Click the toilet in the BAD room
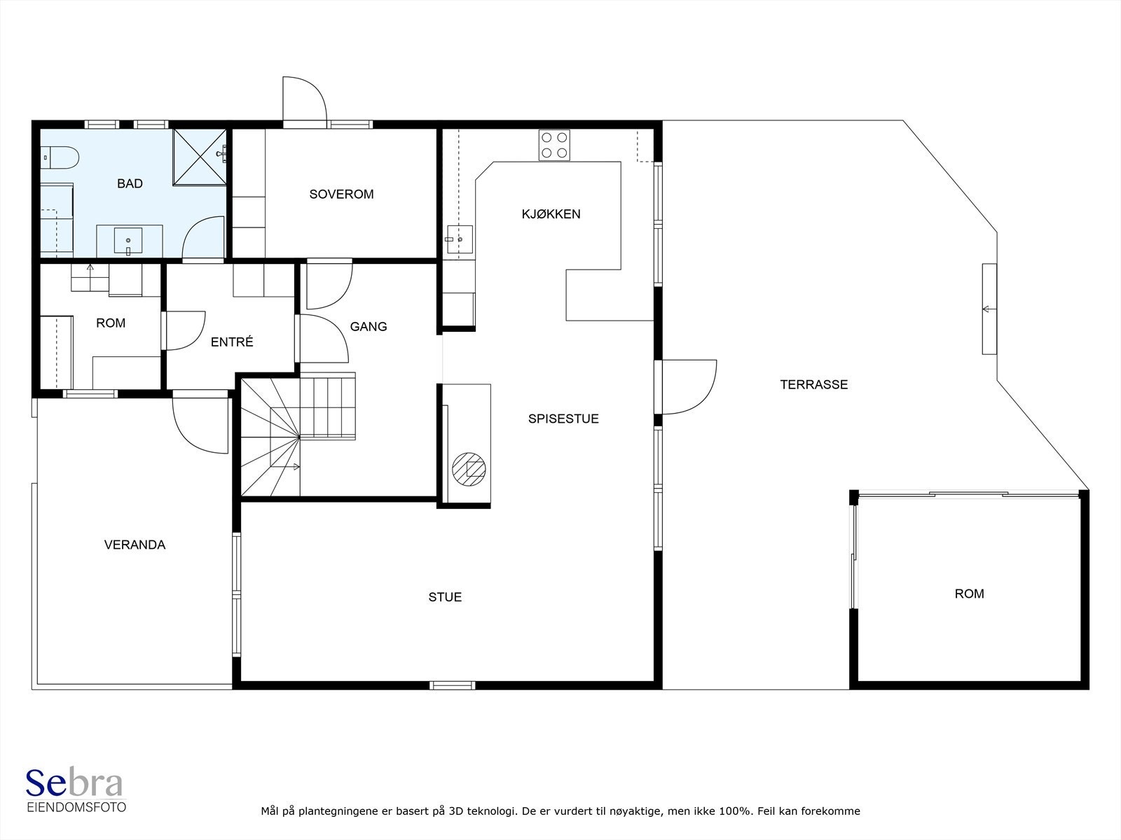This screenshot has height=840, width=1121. (60, 157)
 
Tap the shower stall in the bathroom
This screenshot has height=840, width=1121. (200, 157)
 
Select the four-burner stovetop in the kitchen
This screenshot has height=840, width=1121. (554, 146)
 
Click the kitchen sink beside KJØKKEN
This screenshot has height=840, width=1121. (460, 239)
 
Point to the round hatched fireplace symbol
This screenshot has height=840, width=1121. (469, 469)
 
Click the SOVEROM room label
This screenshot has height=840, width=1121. (341, 195)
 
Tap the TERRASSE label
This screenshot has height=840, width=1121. (813, 384)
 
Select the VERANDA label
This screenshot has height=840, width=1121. (135, 545)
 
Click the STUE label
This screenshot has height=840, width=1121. (445, 596)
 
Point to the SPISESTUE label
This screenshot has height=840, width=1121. (563, 419)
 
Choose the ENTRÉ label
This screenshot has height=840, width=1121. (232, 342)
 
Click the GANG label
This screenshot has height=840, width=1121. (369, 326)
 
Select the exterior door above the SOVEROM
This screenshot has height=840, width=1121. (305, 101)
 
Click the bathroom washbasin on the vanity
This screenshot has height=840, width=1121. (128, 241)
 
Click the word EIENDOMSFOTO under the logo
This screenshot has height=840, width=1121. (76, 807)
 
